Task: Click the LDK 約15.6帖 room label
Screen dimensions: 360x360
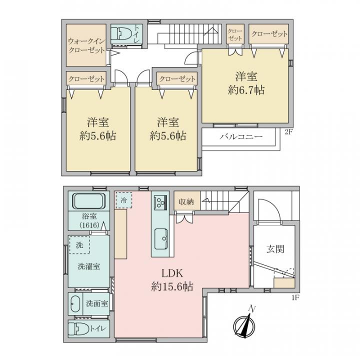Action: tap(172, 280)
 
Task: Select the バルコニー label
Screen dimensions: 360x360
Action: tap(241, 137)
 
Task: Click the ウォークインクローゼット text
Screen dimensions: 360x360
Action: tap(86, 45)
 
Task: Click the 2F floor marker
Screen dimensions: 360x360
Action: tap(289, 132)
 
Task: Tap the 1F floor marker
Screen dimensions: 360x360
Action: tap(295, 298)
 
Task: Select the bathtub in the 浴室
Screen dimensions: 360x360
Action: tap(88, 201)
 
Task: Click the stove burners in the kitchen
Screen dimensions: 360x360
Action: tap(160, 202)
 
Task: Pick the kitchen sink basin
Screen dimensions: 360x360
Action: tap(160, 239)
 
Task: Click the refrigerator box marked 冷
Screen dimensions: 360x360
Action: tap(124, 200)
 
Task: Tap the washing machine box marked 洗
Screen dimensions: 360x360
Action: tap(79, 245)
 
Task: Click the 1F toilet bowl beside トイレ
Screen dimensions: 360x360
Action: tap(79, 329)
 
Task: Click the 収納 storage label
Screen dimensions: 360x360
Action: tap(186, 202)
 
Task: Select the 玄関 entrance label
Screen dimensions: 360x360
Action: tap(275, 249)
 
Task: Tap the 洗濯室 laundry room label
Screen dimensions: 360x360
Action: tap(88, 266)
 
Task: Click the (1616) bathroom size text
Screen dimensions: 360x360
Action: tap(89, 225)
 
